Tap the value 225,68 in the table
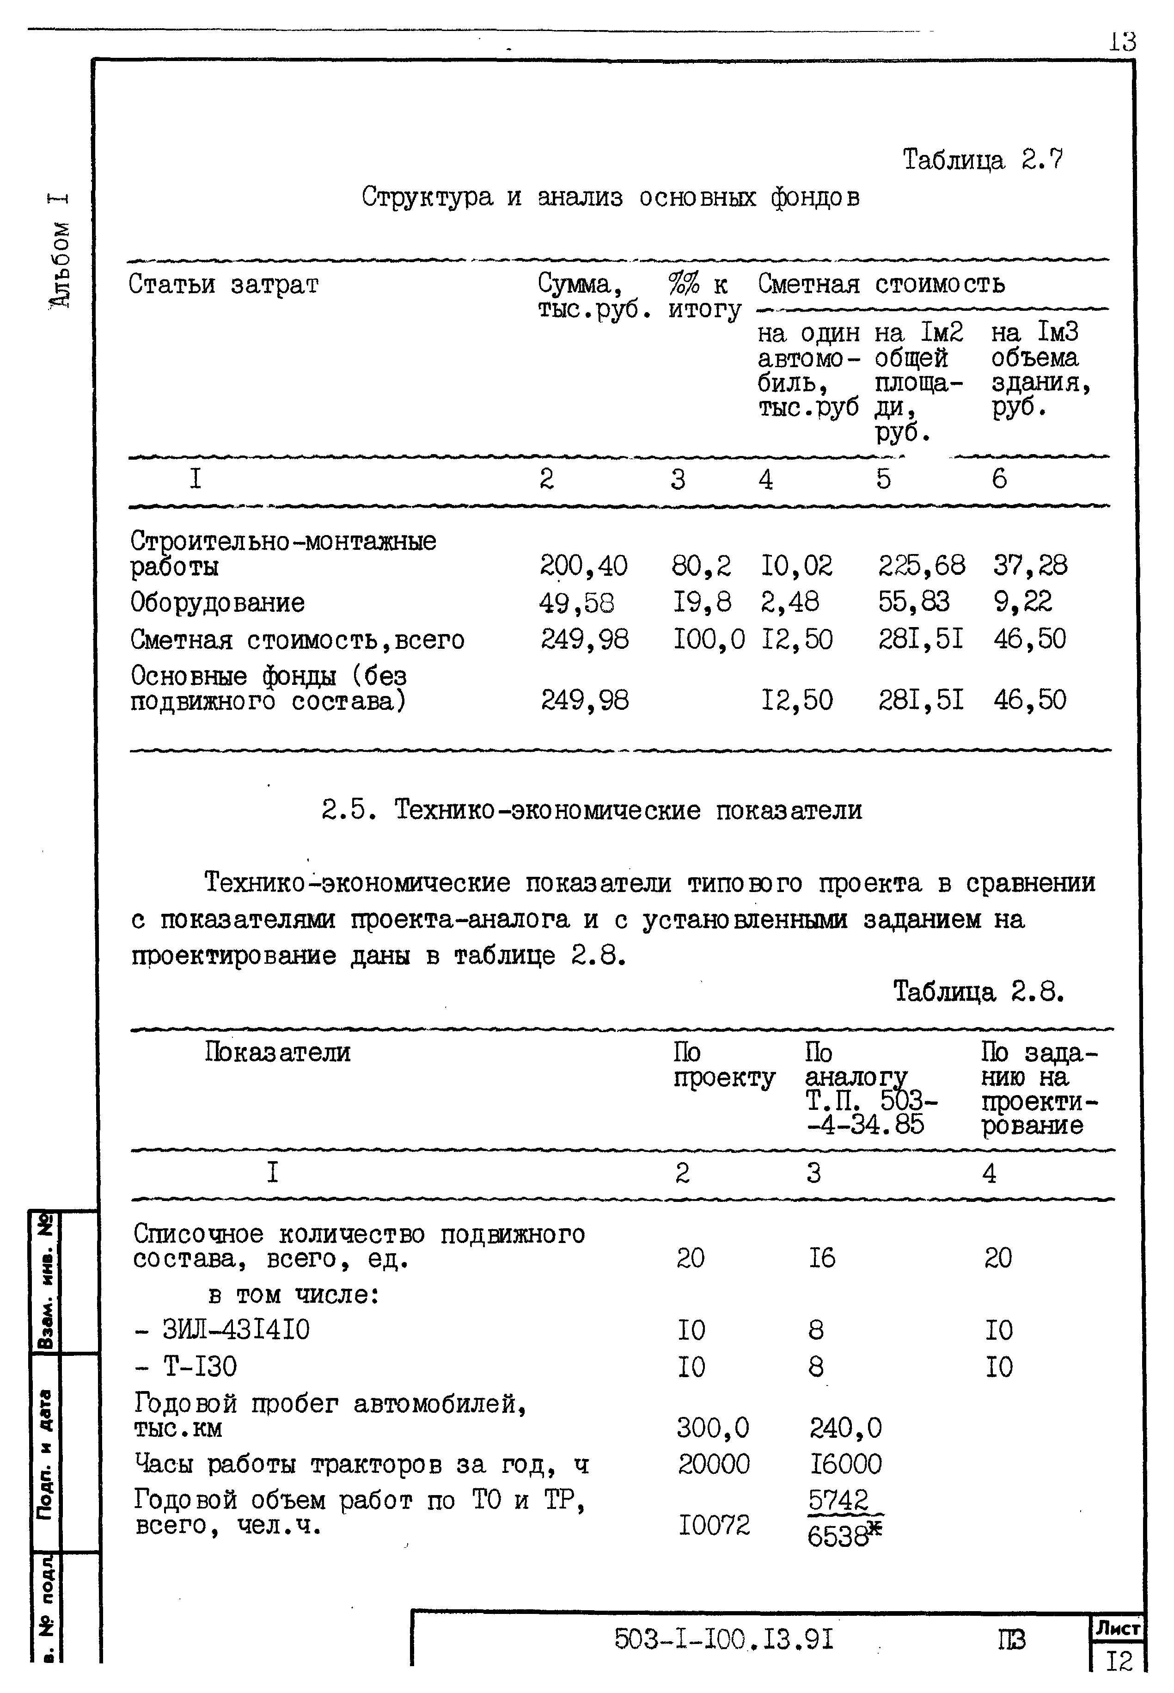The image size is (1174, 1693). coord(921,565)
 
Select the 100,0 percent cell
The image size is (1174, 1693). coord(709,639)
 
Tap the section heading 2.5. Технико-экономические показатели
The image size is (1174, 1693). coord(592,810)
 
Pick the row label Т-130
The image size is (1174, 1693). coord(186,1367)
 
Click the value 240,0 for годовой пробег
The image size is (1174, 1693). coord(845,1428)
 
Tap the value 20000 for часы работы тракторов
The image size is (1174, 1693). coord(714,1464)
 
